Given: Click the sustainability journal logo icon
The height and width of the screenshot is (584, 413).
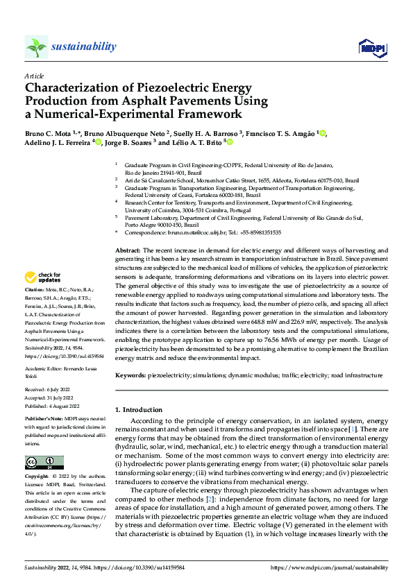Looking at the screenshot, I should coord(36,47).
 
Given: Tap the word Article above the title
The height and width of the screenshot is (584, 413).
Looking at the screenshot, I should coord(33,76).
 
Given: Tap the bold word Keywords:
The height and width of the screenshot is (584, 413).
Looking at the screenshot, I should coord(130,375).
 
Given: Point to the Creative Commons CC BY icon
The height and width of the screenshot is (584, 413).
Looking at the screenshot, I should coord(44,463).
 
